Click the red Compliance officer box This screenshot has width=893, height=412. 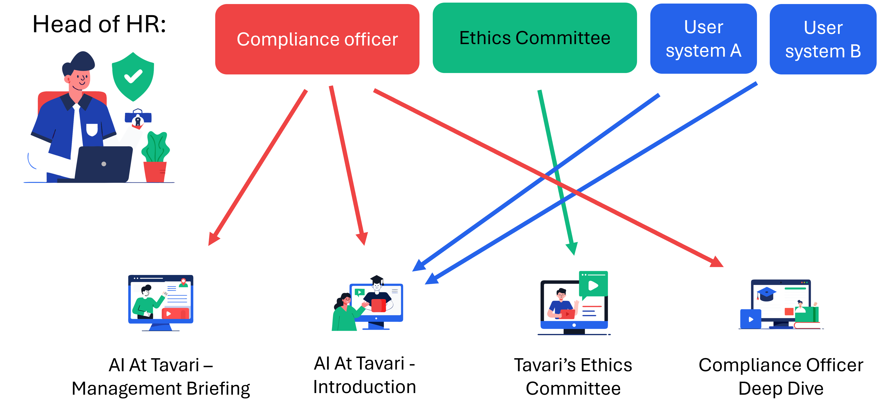pos(317,39)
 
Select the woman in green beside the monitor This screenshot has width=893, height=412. pos(344,314)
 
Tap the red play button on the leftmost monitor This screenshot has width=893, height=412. pos(169,314)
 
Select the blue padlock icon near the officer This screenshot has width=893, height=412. pos(138,118)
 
